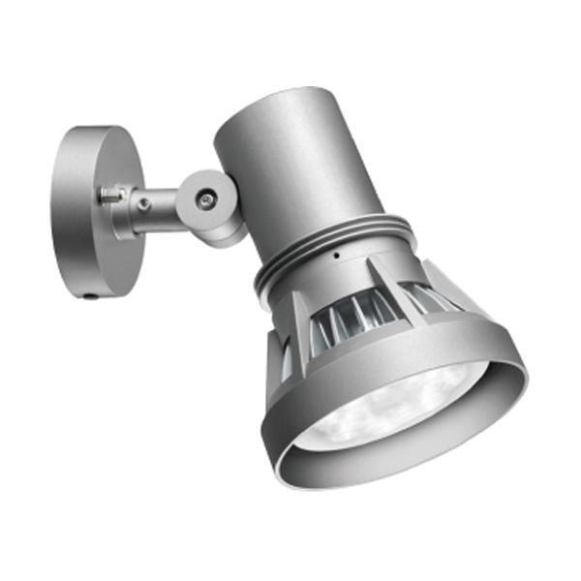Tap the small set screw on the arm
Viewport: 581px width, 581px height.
pos(143,204)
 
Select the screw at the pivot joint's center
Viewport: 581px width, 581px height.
pos(206,199)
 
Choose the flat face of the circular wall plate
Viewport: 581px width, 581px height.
pos(82,213)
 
